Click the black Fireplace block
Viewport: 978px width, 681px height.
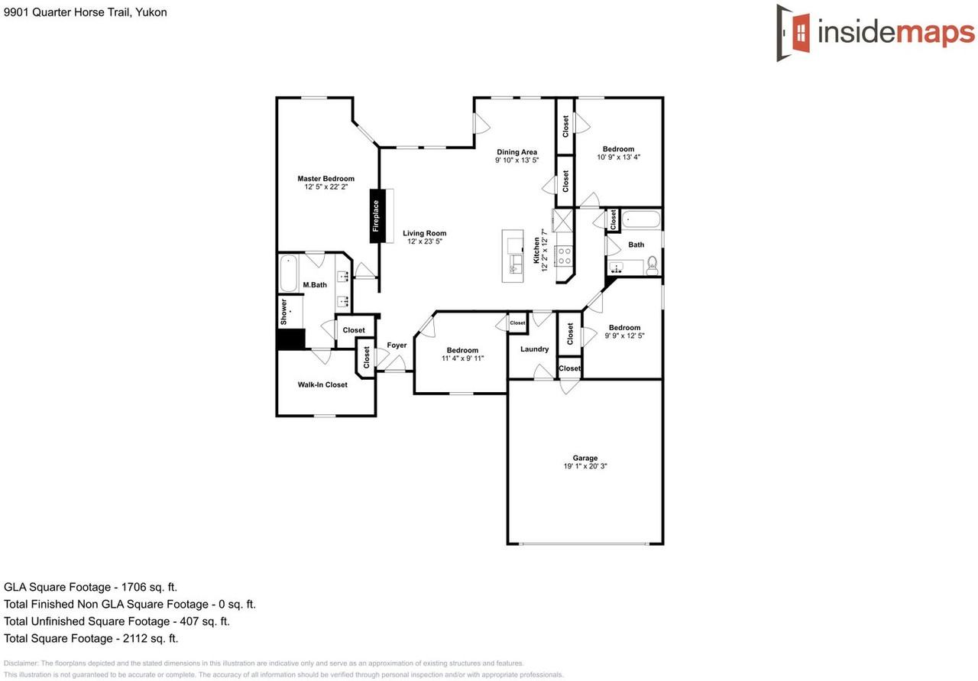coord(377,216)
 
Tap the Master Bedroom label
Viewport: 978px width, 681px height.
coord(325,179)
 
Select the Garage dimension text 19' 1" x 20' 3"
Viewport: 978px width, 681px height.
coord(585,466)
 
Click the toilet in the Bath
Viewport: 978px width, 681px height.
coord(652,265)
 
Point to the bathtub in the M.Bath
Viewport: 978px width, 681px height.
coord(289,274)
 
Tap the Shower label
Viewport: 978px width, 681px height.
coord(283,312)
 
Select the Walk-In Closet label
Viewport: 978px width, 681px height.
coord(322,385)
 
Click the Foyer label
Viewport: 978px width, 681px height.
coord(397,345)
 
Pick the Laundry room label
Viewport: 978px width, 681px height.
coord(534,349)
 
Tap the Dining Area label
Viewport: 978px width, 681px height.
coord(517,152)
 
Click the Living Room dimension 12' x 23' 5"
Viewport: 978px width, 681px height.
coord(425,241)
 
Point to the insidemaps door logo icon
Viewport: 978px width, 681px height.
coord(793,33)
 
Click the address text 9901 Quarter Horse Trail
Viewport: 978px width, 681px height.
coord(66,12)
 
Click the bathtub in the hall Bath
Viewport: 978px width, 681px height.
coord(641,219)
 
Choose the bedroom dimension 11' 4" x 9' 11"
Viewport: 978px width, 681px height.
coord(463,358)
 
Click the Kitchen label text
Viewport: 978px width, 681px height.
coord(536,250)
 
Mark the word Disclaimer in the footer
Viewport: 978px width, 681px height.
coord(21,663)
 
